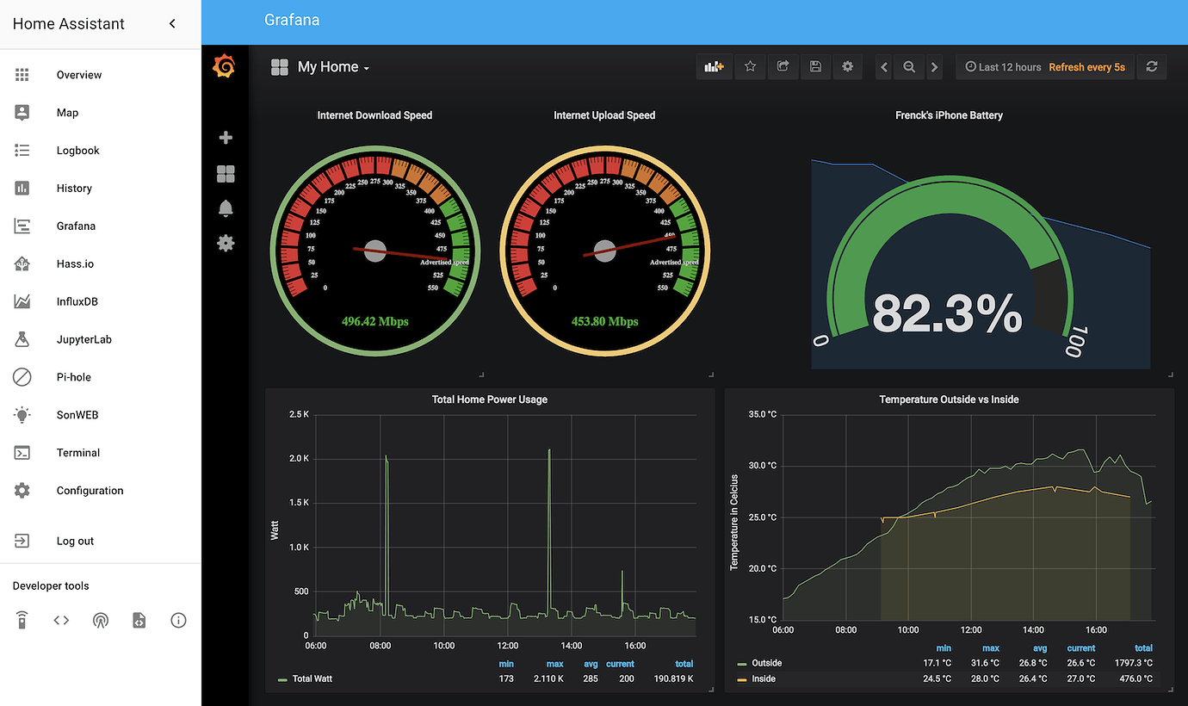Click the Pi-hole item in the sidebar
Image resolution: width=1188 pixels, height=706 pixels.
point(73,377)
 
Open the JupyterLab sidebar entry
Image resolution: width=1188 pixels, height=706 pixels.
point(84,339)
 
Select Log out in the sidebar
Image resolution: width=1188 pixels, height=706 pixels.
point(75,541)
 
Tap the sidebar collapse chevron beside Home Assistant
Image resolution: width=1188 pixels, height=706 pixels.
point(172,24)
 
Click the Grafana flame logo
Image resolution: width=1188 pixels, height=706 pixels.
point(224,66)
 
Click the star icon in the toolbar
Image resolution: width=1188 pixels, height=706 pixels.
point(750,66)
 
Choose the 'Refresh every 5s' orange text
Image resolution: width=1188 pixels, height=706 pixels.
point(1086,67)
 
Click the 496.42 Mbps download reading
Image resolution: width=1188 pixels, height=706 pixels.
point(374,321)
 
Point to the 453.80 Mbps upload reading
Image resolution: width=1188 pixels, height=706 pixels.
point(604,321)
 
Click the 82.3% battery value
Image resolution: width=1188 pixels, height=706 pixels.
point(947,314)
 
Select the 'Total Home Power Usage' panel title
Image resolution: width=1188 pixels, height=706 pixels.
point(489,399)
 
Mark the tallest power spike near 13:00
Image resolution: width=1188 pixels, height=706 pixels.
point(549,450)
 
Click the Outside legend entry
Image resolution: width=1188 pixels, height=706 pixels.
point(766,663)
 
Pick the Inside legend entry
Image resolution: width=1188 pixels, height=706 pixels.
point(763,678)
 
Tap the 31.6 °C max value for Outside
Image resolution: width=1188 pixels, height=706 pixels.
point(990,663)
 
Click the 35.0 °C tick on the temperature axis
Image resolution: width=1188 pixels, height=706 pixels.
point(762,414)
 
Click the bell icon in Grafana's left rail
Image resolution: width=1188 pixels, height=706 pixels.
point(226,208)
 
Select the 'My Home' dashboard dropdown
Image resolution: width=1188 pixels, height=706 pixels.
point(332,67)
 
